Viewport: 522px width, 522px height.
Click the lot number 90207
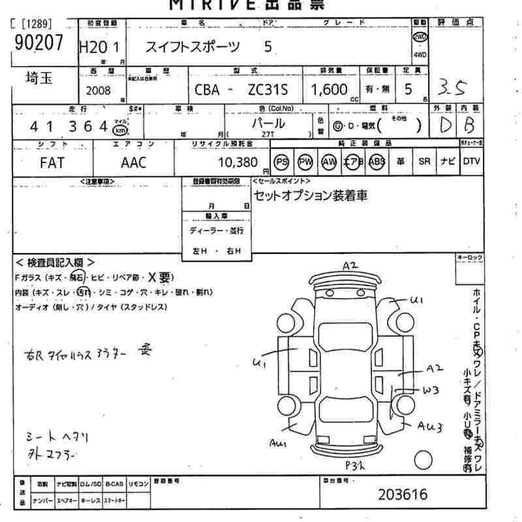click(37, 42)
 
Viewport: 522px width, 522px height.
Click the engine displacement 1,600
click(330, 89)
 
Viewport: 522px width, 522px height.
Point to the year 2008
click(98, 91)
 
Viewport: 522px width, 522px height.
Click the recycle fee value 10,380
click(237, 162)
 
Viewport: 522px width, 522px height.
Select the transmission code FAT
click(52, 162)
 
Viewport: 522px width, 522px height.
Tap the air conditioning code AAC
click(133, 162)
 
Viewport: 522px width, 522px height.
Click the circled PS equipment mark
click(282, 162)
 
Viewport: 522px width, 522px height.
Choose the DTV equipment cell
click(472, 162)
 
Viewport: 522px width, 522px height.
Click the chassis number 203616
click(403, 495)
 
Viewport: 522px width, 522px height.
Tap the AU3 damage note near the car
click(431, 427)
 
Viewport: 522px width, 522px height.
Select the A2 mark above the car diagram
click(351, 265)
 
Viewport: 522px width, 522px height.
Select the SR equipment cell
click(425, 162)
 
